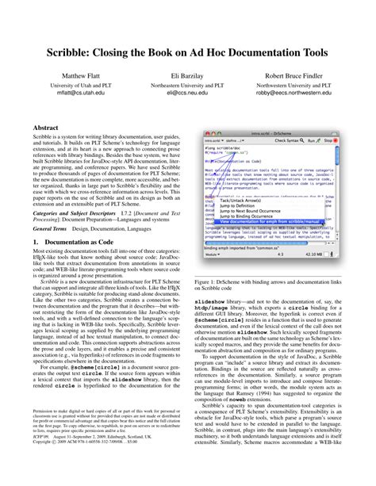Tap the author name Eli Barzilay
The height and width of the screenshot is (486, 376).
pyautogui.click(x=187, y=76)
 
